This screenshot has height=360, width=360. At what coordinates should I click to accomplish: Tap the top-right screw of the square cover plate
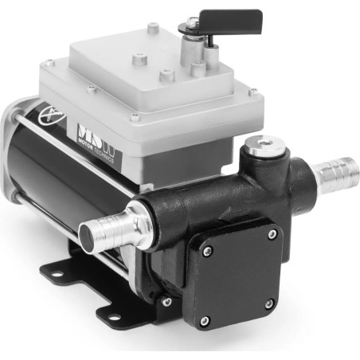tap(273, 234)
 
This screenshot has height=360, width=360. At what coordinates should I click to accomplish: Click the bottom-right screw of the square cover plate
tap(272, 304)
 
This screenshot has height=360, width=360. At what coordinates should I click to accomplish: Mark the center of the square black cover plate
tap(239, 276)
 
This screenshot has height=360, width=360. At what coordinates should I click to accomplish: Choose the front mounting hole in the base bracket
tap(112, 315)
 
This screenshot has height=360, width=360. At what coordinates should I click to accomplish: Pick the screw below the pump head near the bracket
tap(166, 302)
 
